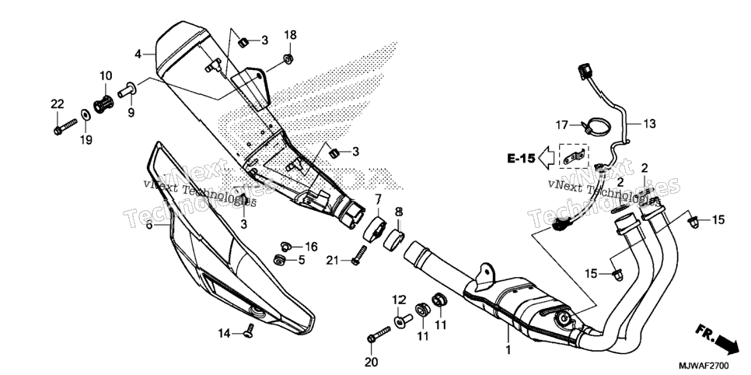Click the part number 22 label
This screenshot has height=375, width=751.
(x=57, y=103)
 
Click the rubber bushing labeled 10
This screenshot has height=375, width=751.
(x=104, y=103)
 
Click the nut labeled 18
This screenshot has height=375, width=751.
(x=288, y=59)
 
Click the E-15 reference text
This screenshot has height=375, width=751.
(x=521, y=158)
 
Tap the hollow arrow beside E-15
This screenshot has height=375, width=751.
(x=546, y=158)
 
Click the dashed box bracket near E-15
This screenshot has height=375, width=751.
(x=574, y=156)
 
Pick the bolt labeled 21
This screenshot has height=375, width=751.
(x=360, y=256)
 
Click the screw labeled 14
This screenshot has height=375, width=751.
(x=249, y=331)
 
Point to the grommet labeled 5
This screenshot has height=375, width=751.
(x=279, y=260)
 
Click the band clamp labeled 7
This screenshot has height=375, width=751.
(x=375, y=228)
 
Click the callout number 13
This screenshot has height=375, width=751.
(x=649, y=124)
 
